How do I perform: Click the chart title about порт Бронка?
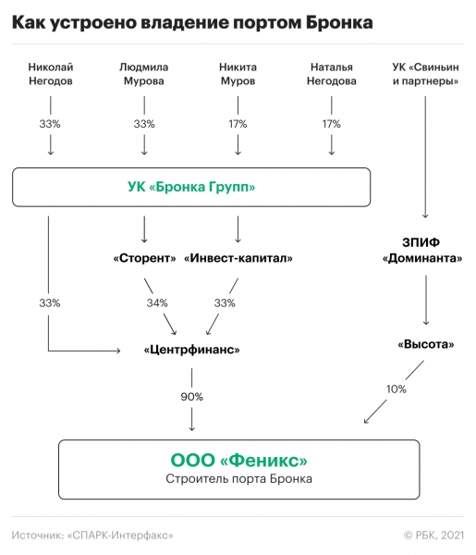pyautogui.click(x=192, y=22)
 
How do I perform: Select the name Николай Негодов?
pyautogui.click(x=50, y=74)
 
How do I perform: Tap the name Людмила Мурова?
pyautogui.click(x=143, y=74)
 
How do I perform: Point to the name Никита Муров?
pyautogui.click(x=238, y=74)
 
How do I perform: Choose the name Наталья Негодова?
pyautogui.click(x=332, y=74)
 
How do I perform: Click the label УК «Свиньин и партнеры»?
pyautogui.click(x=424, y=74)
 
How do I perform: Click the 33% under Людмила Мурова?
pyautogui.click(x=143, y=124)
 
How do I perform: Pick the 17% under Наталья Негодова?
pyautogui.click(x=332, y=124)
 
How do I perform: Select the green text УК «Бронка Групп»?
pyautogui.click(x=191, y=188)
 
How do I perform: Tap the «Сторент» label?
pyautogui.click(x=144, y=258)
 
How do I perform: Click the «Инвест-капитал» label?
pyautogui.click(x=238, y=258)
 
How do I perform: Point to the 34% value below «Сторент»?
pyautogui.click(x=157, y=302)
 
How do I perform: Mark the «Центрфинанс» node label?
pyautogui.click(x=192, y=350)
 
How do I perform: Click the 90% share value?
pyautogui.click(x=192, y=396)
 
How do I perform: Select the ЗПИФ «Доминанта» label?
pyautogui.click(x=424, y=251)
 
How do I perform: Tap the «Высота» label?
pyautogui.click(x=425, y=344)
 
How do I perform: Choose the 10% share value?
pyautogui.click(x=397, y=389)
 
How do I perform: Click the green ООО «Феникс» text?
pyautogui.click(x=238, y=460)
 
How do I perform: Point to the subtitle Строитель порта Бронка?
pyautogui.click(x=238, y=479)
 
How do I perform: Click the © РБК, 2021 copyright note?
pyautogui.click(x=433, y=535)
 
